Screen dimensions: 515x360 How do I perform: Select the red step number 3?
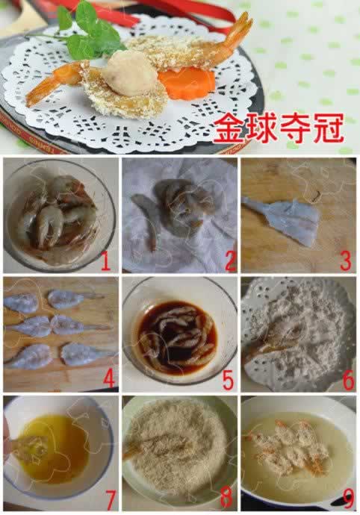click(344, 261)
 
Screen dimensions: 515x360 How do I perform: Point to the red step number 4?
click(109, 379)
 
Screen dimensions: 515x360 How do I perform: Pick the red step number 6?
click(347, 379)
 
